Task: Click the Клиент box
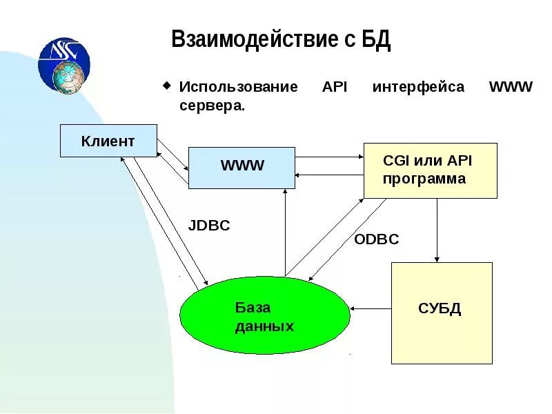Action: click(108, 141)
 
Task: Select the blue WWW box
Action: click(241, 168)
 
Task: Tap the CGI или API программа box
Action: click(430, 170)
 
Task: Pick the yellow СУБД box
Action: click(442, 313)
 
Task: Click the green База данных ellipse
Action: click(265, 317)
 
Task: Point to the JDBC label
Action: click(209, 226)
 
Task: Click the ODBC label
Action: click(376, 239)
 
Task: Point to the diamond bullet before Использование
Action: click(166, 86)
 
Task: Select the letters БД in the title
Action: click(376, 40)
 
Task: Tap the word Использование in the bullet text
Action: click(238, 88)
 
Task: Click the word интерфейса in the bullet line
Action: click(418, 88)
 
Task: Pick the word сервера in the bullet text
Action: click(211, 106)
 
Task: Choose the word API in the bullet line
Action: click(335, 88)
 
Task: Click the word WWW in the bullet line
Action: click(511, 88)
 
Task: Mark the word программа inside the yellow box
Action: click(424, 179)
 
